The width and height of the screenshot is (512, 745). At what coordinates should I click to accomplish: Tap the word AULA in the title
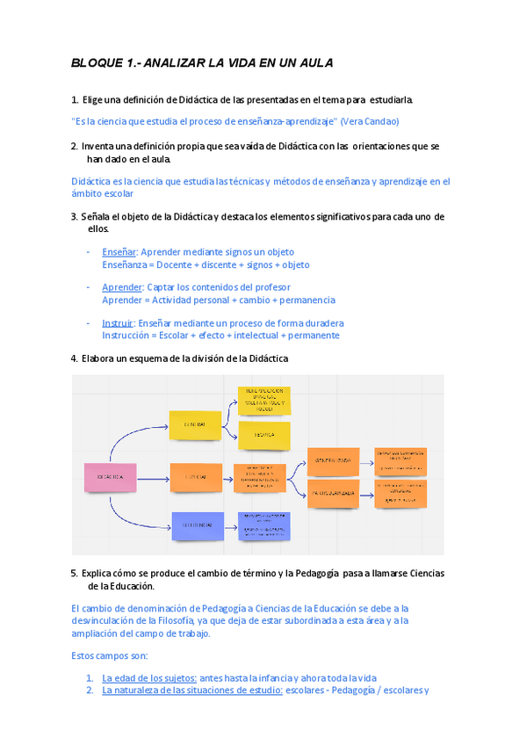point(313,63)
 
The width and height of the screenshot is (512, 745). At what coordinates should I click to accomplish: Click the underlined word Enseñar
point(119,252)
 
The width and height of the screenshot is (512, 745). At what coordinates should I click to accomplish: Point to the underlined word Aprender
point(121,287)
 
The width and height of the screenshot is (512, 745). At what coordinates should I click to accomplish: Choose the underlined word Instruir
point(118,322)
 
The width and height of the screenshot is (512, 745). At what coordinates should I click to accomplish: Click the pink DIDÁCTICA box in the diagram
point(110,477)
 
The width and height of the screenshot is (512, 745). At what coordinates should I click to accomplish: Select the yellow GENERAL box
point(195,424)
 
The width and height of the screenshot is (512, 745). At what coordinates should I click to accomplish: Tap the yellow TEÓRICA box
point(264,435)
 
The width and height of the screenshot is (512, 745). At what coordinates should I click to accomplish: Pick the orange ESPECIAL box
point(195,477)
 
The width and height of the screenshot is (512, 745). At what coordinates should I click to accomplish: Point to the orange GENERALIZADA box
point(332,460)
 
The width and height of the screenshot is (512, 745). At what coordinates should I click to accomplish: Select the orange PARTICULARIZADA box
point(332,494)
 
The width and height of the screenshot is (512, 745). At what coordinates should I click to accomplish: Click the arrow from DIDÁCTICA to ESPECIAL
point(151,478)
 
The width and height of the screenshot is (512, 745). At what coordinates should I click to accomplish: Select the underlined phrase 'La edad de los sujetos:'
point(149,677)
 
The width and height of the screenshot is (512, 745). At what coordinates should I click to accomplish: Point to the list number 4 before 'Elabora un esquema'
point(73,358)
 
